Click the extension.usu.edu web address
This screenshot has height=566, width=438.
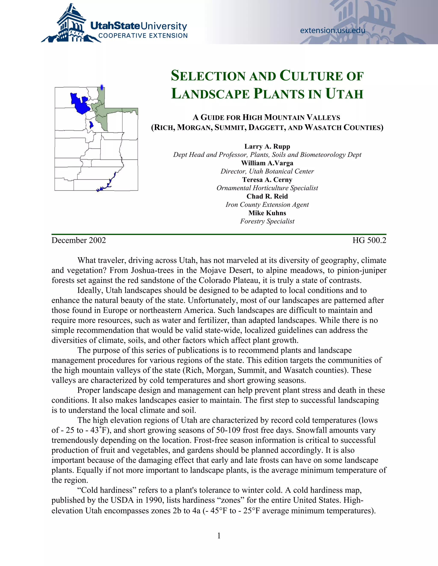coord(332,31)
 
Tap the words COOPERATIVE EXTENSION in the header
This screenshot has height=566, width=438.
coord(143,36)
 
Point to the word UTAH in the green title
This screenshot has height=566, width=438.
coord(344,94)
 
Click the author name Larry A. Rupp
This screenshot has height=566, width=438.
coord(267,147)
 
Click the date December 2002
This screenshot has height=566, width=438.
coord(79,240)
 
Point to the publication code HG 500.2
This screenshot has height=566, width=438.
coord(369,240)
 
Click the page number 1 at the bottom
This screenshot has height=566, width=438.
coord(219,536)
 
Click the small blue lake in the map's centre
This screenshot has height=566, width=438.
coord(91,125)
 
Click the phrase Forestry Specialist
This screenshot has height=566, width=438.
coord(267,221)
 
